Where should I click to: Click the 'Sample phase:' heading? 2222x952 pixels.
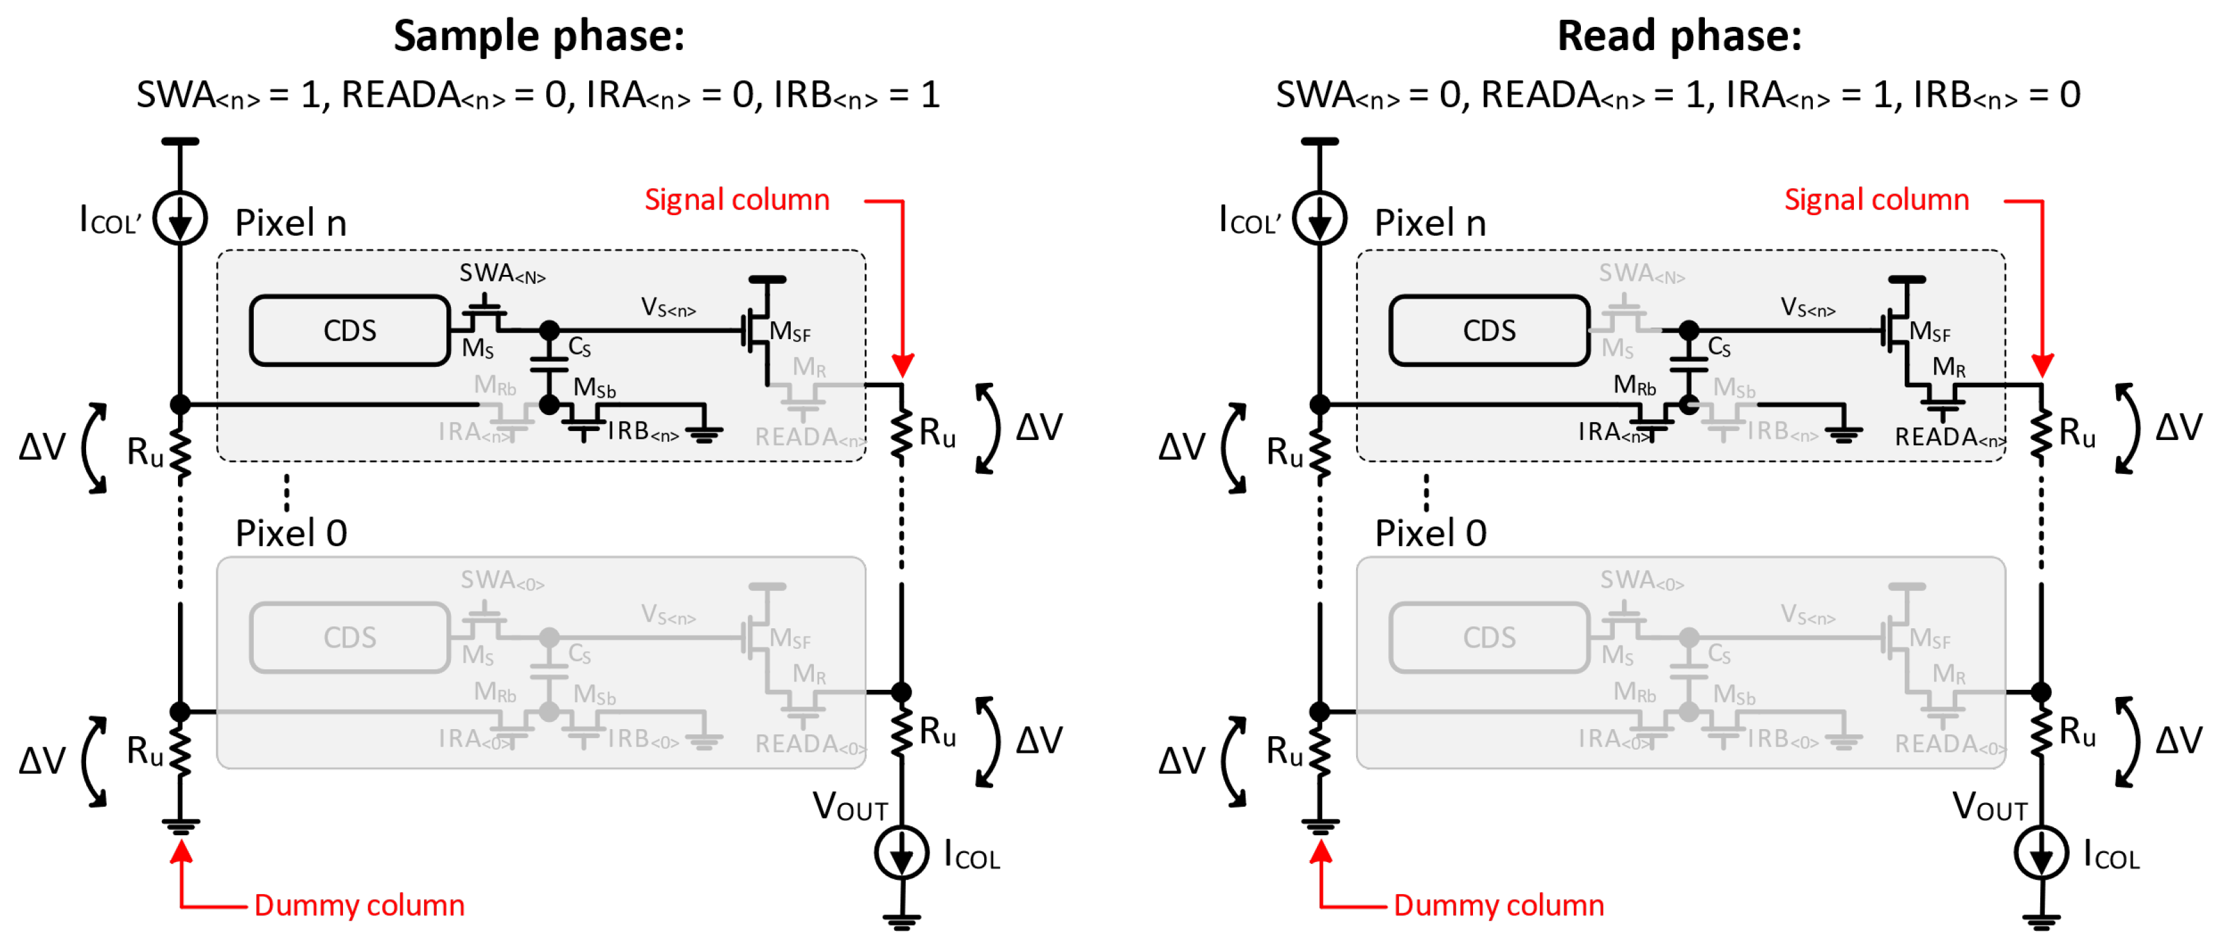click(x=539, y=36)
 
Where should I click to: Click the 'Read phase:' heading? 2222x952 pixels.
click(x=1679, y=36)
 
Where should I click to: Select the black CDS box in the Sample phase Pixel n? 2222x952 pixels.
click(x=349, y=330)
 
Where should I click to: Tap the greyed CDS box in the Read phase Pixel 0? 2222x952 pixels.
click(x=1489, y=637)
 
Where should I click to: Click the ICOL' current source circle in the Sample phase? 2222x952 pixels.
click(x=181, y=218)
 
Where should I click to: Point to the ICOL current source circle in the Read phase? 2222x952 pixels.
click(x=2041, y=853)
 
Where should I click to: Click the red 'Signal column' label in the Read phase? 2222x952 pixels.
click(x=1876, y=200)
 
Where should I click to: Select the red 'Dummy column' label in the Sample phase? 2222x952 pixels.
click(x=359, y=904)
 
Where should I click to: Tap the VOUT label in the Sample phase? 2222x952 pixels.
click(x=850, y=807)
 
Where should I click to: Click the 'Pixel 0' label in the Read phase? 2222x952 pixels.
click(x=1430, y=533)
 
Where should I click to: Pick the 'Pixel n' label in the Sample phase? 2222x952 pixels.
click(x=291, y=224)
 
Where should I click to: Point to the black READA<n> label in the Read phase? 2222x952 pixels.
click(x=1948, y=438)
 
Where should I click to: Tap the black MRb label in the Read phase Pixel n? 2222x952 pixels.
click(x=1635, y=385)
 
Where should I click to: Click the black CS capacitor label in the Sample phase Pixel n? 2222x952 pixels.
click(x=579, y=347)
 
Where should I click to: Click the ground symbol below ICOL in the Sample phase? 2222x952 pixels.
click(x=901, y=921)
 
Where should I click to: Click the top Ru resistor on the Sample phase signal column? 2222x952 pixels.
click(x=901, y=436)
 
